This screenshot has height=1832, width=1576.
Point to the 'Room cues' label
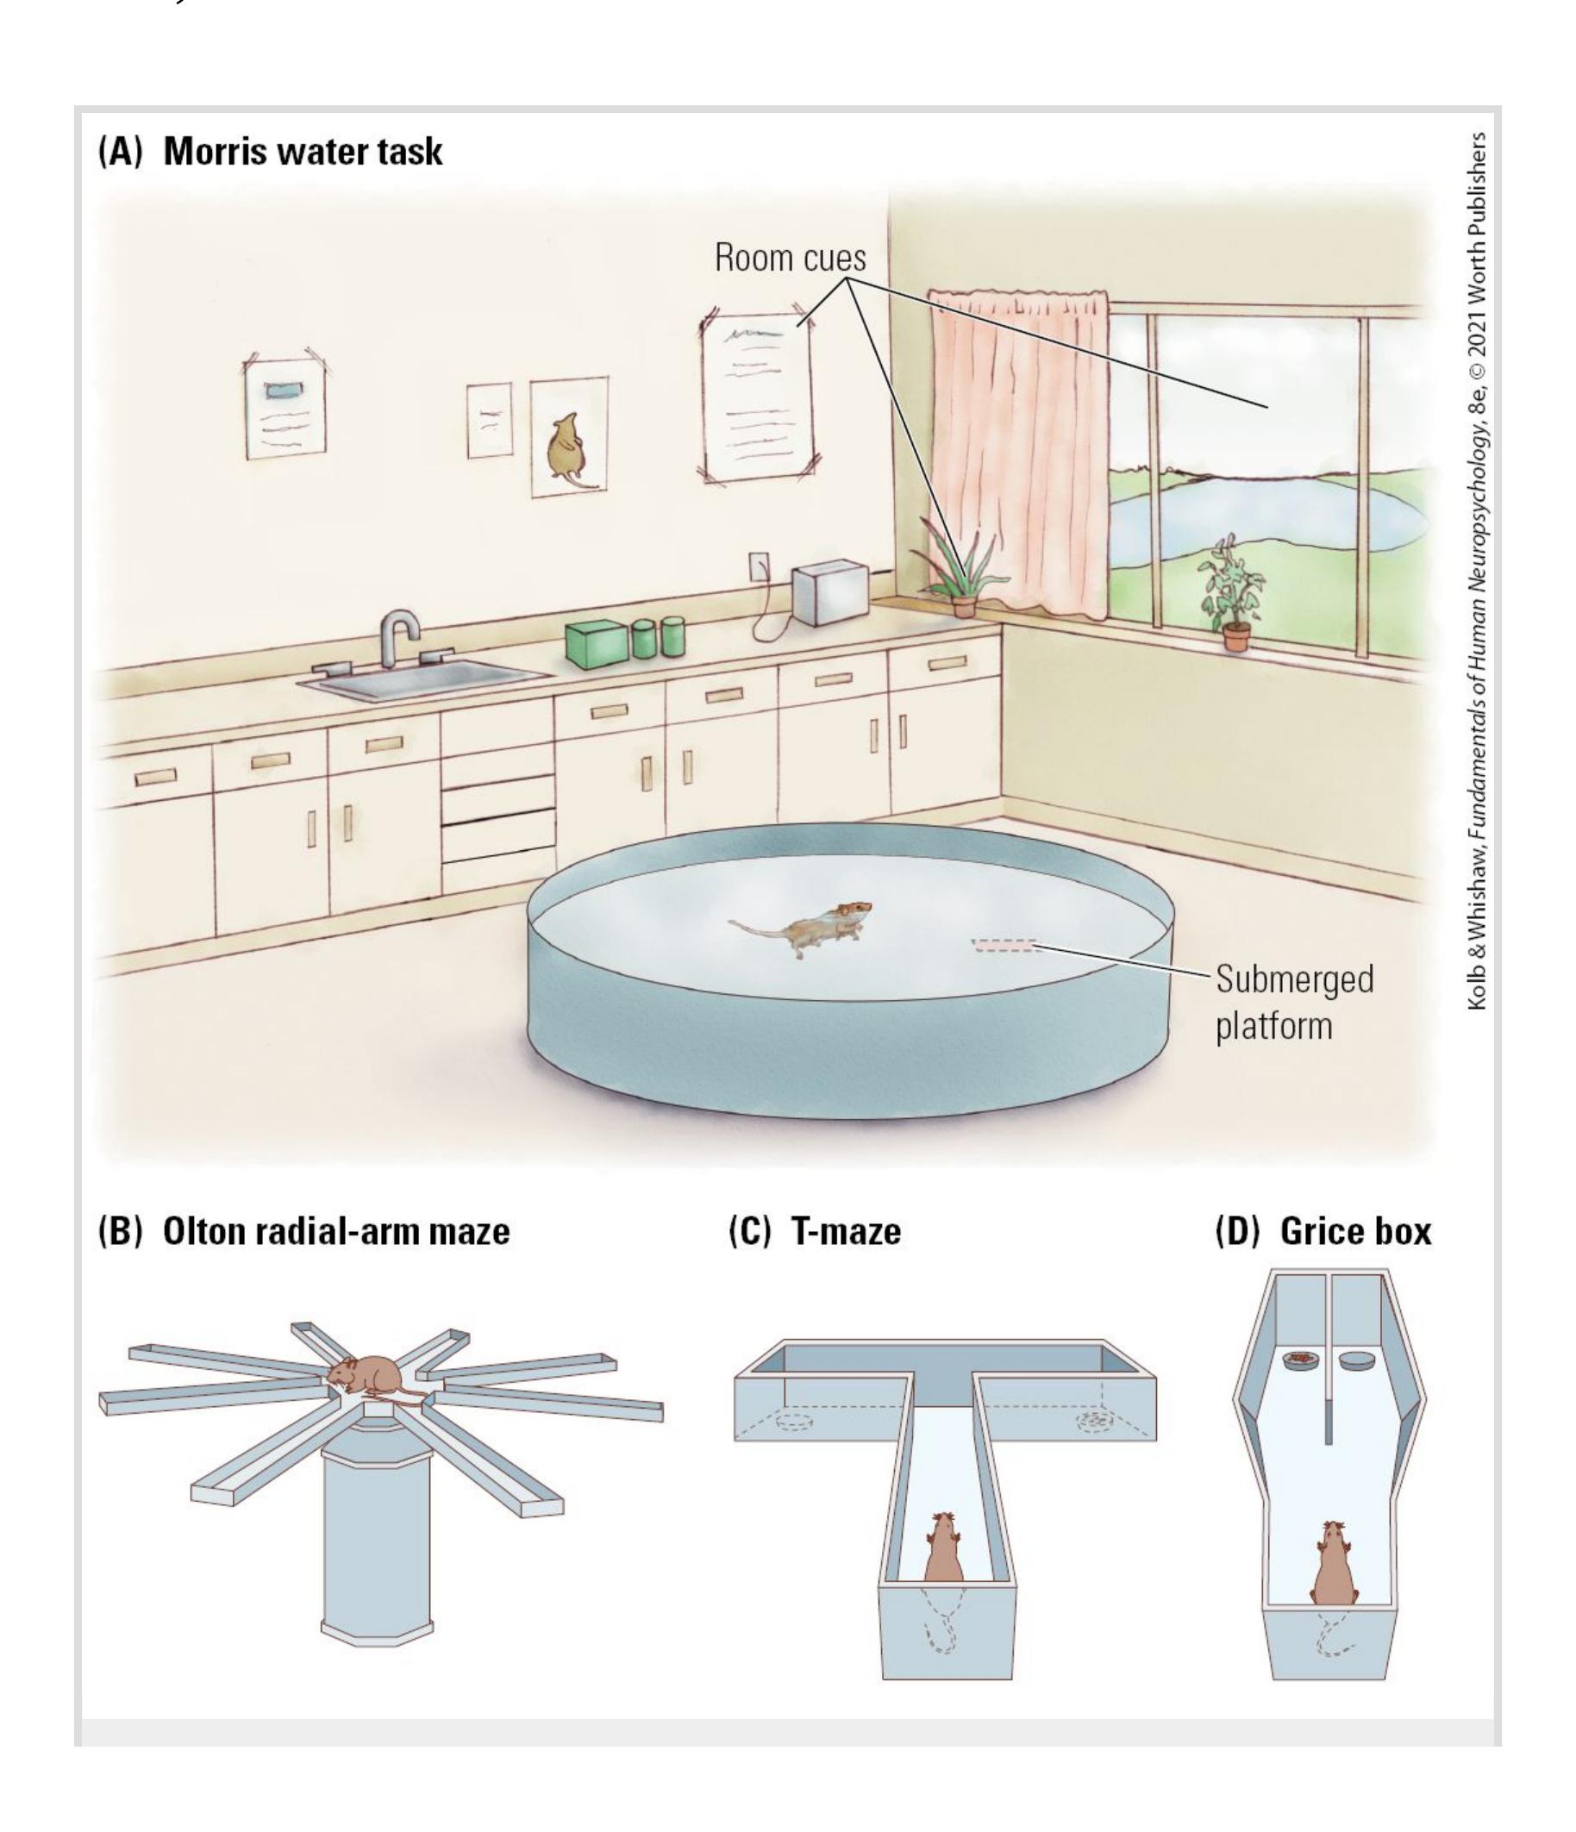(790, 257)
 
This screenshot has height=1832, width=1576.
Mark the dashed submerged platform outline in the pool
(1004, 945)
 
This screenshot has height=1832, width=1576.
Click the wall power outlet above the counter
(758, 566)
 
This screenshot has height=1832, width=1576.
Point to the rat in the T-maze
(943, 1547)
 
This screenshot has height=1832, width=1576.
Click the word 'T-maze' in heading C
(847, 1231)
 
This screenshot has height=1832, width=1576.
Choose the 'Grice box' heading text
(1355, 1231)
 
